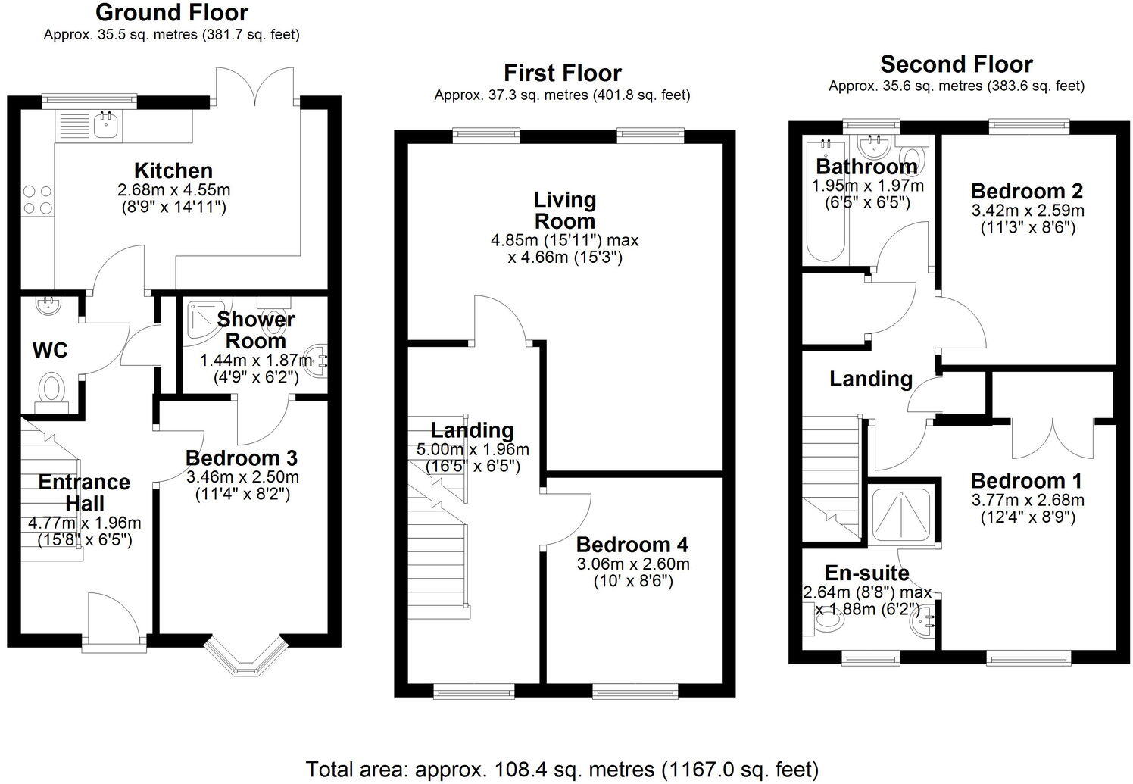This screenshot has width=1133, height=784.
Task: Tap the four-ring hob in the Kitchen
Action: click(37, 199)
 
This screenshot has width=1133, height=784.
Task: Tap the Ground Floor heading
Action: click(172, 13)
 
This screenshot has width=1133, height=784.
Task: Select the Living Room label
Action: click(565, 211)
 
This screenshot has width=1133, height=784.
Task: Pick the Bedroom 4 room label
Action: click(632, 545)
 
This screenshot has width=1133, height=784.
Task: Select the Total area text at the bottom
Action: click(562, 769)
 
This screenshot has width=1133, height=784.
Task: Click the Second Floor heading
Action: click(956, 64)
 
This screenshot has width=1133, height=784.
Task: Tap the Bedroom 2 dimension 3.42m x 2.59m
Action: click(1027, 210)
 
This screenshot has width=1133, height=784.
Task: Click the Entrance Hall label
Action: click(84, 492)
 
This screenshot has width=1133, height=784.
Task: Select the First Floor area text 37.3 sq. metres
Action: click(562, 95)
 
